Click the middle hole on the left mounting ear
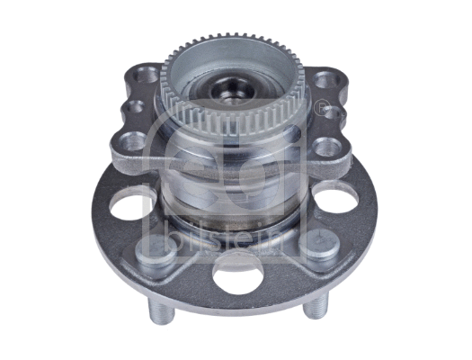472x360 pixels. click(x=135, y=109)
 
